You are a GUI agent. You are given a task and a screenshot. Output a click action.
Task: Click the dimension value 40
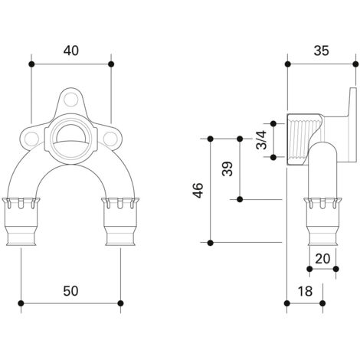coord(71,51)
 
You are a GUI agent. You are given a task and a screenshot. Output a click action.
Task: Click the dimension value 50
coord(70,291)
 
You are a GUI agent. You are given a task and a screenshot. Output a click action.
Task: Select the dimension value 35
coord(322,51)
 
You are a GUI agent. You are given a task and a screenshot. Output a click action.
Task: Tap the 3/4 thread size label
coord(261,139)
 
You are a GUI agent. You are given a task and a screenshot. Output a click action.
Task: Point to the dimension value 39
coord(227,169)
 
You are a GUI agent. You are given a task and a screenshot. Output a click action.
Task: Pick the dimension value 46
coord(198,191)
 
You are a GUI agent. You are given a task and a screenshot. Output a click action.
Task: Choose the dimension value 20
coord(322,259)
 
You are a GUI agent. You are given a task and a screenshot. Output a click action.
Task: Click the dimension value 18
coord(305,291)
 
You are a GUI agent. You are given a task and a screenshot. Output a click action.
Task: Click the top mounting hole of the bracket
coord(70,100)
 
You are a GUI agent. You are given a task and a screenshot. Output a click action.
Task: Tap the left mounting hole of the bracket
coord(31,139)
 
